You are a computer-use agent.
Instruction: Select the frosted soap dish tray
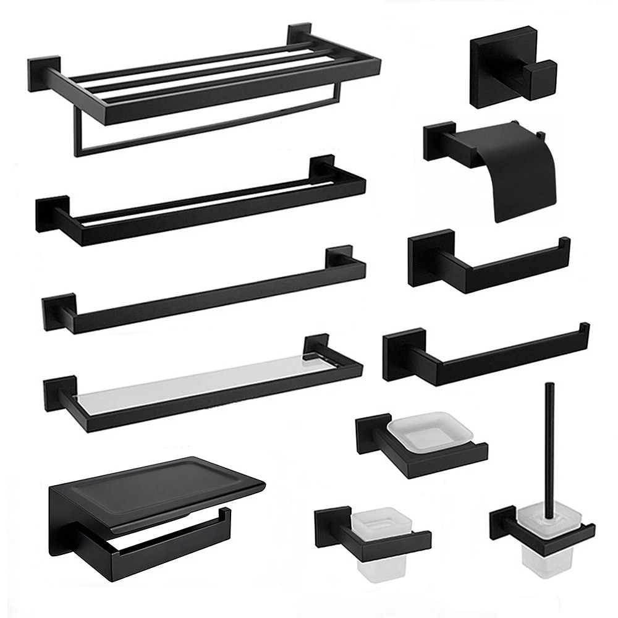[432, 429]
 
